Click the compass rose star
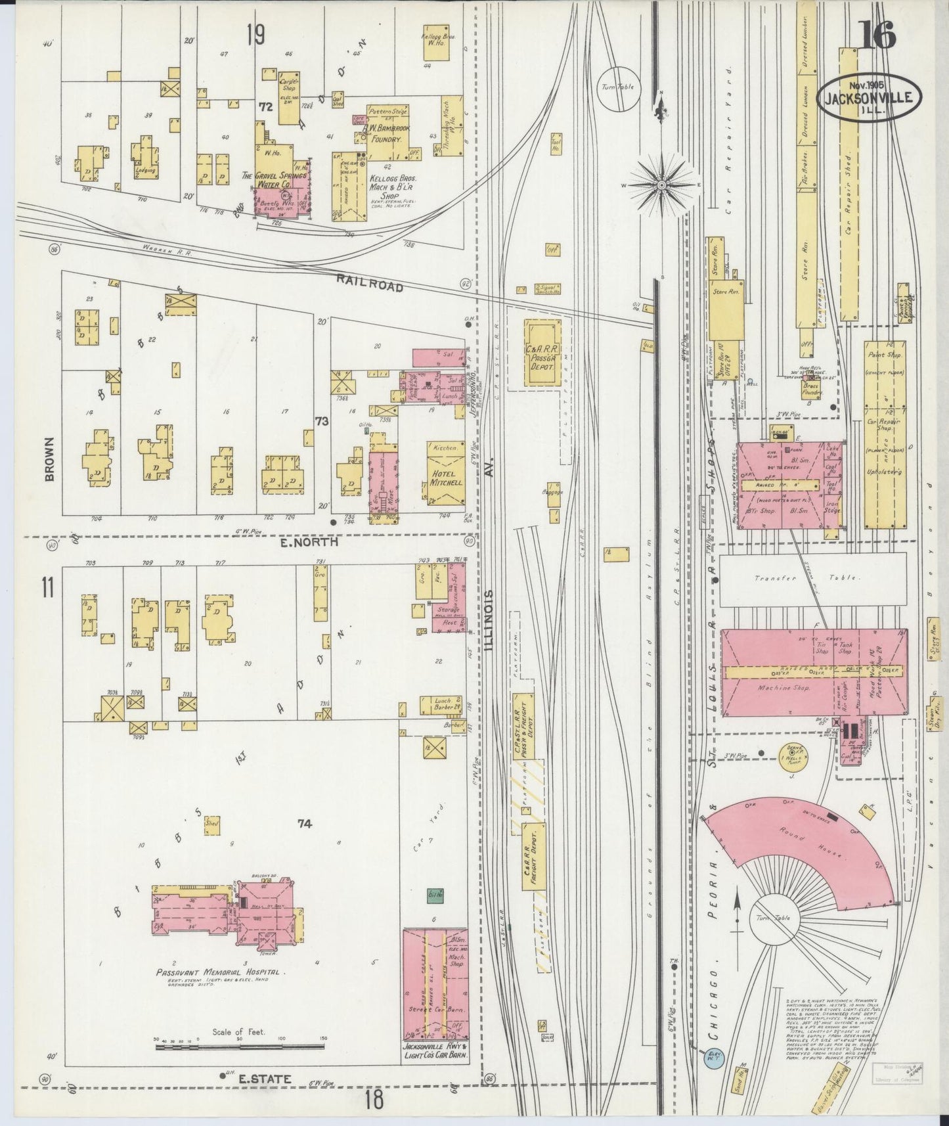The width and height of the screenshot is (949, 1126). pos(661,185)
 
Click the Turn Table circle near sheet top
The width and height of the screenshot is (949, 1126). pos(618,87)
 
